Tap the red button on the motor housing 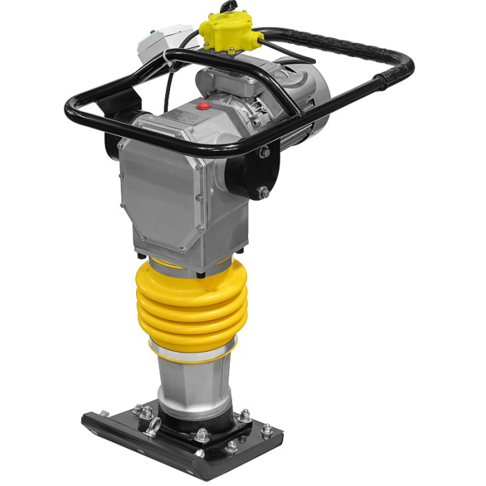pyautogui.click(x=204, y=106)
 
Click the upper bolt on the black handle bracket pyautogui.click(x=265, y=152)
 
